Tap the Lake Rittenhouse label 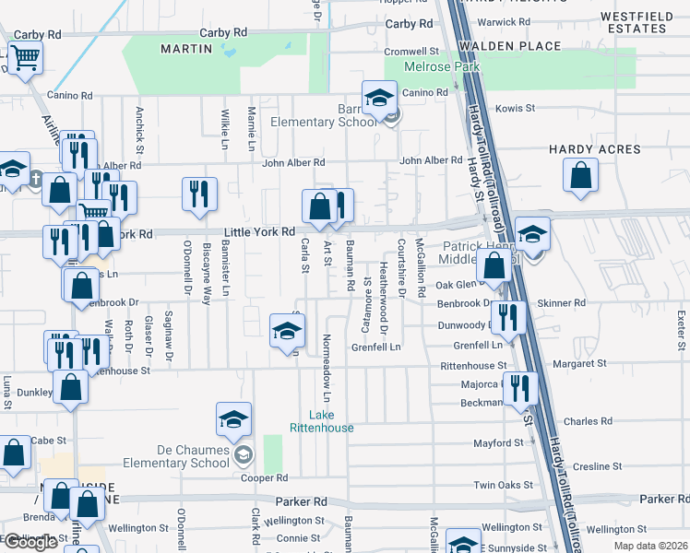tap(330, 421)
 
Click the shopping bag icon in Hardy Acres tap(580, 175)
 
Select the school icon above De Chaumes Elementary tap(234, 420)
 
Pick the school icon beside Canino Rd tap(378, 98)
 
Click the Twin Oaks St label tap(503, 485)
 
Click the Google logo tap(30, 542)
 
